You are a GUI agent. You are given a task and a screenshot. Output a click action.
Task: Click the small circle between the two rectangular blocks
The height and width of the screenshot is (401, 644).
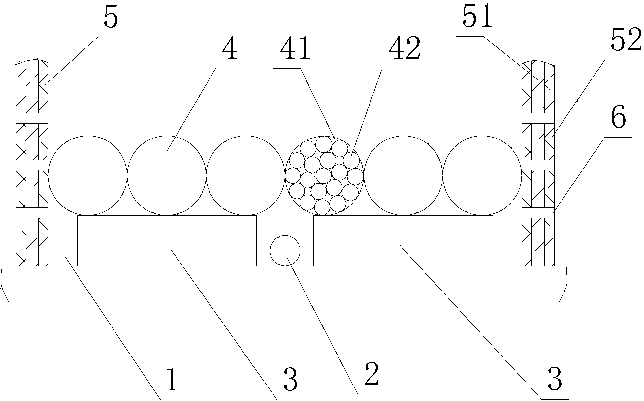285,251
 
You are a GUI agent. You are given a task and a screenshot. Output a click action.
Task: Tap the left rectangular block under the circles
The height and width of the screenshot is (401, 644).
167,241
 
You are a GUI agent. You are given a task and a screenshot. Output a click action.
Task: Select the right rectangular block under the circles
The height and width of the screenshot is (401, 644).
403,241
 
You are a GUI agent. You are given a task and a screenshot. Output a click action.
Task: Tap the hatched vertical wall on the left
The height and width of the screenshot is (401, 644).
32,163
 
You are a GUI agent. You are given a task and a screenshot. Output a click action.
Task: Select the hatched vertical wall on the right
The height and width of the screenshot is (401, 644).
538,163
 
